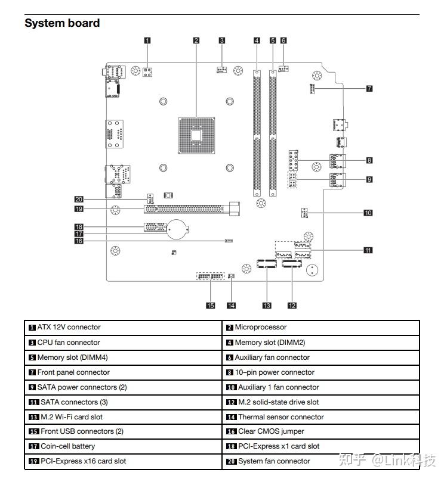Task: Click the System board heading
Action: point(62,23)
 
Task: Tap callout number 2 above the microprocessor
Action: point(196,41)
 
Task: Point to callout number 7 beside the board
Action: point(369,88)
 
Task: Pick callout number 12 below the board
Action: point(292,306)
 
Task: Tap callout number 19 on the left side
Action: point(79,209)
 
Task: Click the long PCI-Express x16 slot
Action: point(185,209)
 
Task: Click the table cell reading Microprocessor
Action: point(260,327)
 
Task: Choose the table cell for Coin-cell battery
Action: point(67,446)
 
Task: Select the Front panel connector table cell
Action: point(73,372)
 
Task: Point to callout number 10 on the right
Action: point(368,212)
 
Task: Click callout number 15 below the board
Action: point(210,306)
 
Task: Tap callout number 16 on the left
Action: point(79,241)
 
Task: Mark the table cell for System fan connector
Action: point(274,461)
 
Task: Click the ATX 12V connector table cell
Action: point(69,327)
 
